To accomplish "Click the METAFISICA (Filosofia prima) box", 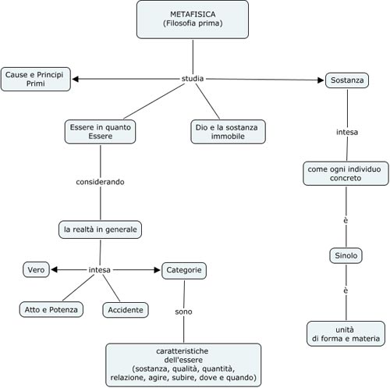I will pos(193,20).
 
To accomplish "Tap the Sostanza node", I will pos(346,80).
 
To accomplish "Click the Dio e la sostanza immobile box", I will pos(228,130).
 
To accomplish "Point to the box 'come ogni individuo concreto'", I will pos(346,173).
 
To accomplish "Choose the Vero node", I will pos(36,269).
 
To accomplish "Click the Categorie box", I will pos(184,270).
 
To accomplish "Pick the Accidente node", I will pos(125,310).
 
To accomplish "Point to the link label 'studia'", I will pos(192,78).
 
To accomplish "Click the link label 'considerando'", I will pos(100,182).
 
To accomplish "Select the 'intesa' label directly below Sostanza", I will pos(346,132).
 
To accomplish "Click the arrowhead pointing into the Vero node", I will pos(55,270).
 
